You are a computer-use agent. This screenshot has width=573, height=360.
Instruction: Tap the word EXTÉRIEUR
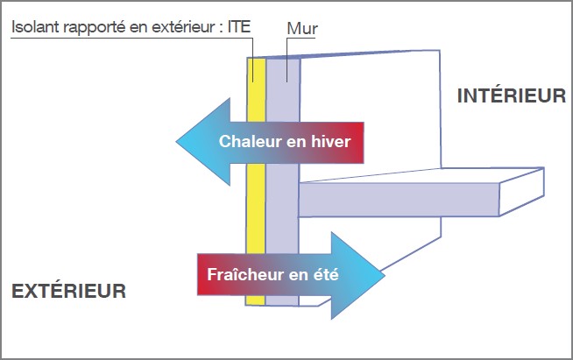click(68, 291)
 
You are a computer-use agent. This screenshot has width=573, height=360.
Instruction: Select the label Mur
click(302, 29)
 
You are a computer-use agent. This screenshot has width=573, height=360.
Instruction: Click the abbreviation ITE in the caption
click(239, 26)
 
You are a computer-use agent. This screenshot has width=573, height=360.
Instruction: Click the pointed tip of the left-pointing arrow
click(176, 141)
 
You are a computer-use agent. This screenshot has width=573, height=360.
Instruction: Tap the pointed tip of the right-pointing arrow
click(385, 275)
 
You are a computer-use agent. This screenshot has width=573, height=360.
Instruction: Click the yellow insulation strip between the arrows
click(256, 208)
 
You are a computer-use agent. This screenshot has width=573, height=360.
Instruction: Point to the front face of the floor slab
click(399, 200)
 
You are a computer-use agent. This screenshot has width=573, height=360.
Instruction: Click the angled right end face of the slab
click(522, 192)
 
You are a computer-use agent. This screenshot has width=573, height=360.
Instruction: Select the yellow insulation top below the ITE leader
click(256, 89)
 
